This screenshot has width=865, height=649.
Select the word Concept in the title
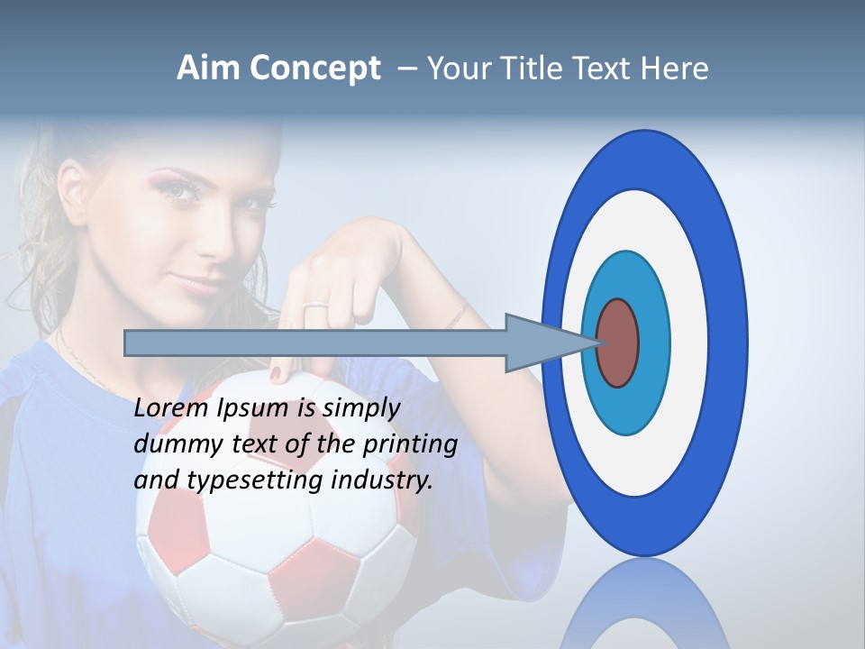(315, 69)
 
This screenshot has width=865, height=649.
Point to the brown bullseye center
(617, 343)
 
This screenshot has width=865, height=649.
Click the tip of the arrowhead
(600, 343)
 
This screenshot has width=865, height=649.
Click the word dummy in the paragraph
(172, 443)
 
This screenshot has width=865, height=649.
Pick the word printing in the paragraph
(409, 444)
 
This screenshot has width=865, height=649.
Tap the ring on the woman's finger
(316, 307)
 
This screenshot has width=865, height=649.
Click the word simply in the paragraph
(360, 408)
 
